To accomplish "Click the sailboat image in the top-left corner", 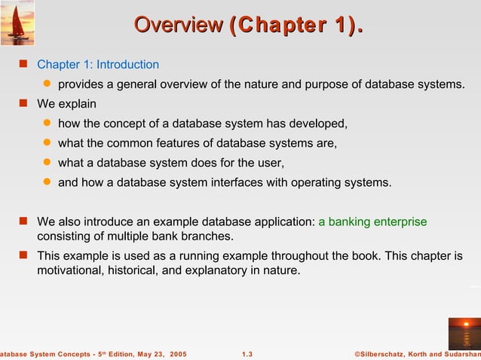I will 17,23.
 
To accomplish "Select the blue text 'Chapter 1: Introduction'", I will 98,65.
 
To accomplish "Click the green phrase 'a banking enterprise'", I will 372,221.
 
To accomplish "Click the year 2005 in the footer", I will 179,353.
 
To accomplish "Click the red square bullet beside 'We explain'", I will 23,103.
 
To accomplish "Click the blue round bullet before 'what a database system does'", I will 46,162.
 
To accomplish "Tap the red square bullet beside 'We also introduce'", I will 23,221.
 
